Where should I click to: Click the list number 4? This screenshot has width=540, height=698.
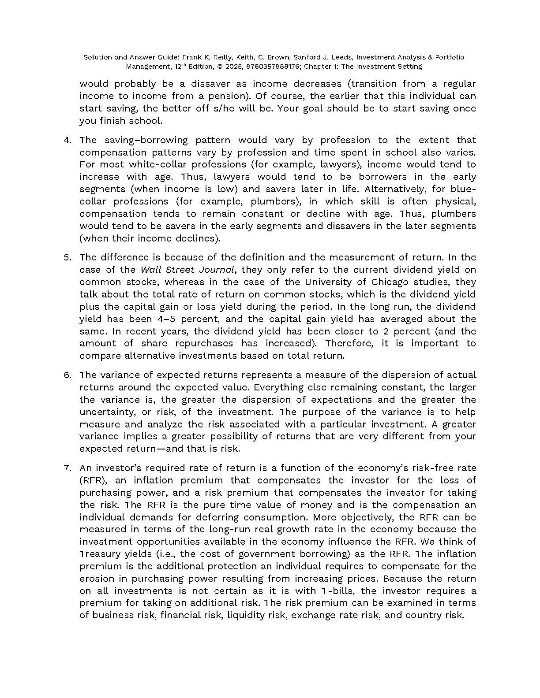tap(67, 140)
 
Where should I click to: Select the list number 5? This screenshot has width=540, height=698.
tap(67, 257)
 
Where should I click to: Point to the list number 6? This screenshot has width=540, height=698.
tap(67, 375)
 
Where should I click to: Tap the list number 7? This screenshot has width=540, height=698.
tap(67, 468)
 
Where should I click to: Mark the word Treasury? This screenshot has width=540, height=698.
tap(100, 554)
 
